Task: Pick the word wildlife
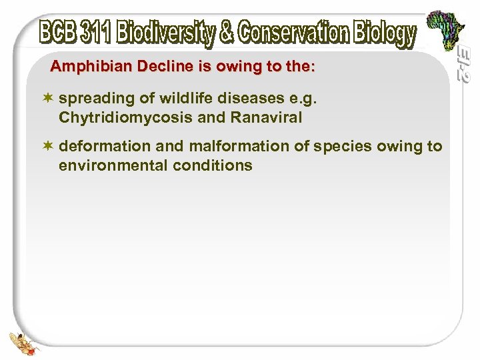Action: [175, 99]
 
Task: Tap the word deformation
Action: [99, 147]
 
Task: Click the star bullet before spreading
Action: [49, 99]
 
